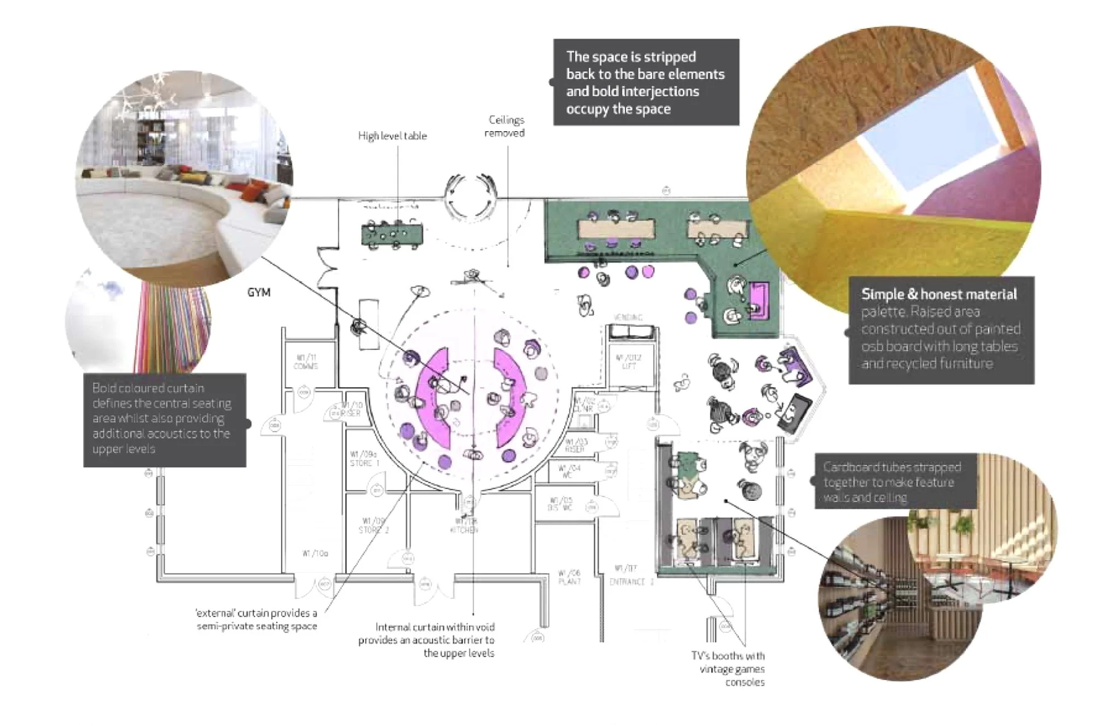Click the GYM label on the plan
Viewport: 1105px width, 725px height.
point(258,293)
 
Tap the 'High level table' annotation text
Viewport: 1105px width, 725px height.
point(392,136)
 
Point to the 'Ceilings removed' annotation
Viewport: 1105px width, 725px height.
point(505,126)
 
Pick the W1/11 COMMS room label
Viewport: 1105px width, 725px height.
point(305,362)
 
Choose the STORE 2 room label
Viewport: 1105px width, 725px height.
point(373,525)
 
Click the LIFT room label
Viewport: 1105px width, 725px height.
point(628,362)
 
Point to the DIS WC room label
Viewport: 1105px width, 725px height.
point(560,504)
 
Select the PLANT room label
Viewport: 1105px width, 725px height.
point(569,577)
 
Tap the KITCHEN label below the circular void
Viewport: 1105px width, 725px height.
point(464,526)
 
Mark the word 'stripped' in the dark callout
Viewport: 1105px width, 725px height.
point(670,57)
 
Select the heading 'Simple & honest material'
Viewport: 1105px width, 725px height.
point(939,294)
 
